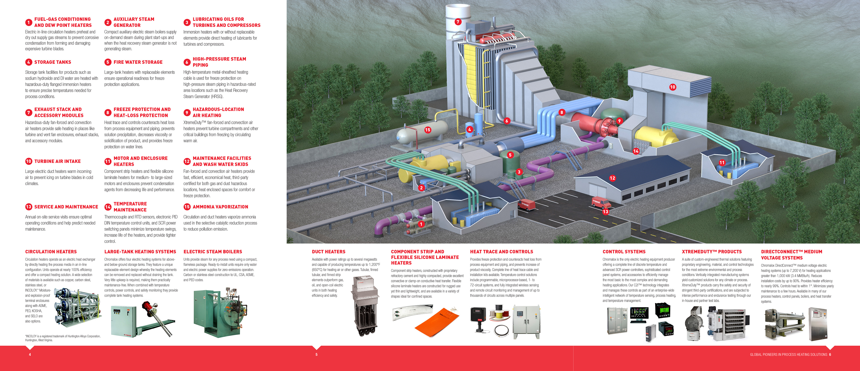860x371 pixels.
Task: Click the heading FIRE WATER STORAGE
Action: [x=138, y=62]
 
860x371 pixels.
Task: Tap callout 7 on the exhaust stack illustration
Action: [x=458, y=22]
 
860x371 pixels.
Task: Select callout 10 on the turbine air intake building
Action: [x=672, y=87]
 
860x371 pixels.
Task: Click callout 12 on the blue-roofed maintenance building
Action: [x=612, y=178]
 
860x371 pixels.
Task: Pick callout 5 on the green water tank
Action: [x=510, y=155]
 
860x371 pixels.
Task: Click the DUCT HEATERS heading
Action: [x=329, y=252]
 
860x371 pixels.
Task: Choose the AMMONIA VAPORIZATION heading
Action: [x=220, y=207]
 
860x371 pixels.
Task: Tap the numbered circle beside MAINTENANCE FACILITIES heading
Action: [x=187, y=162]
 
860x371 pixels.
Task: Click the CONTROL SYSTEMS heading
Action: [x=624, y=252]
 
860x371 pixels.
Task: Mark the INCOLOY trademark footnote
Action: [x=62, y=338]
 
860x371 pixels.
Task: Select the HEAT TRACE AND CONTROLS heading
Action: [x=501, y=252]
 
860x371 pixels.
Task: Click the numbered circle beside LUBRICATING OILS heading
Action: [x=187, y=22]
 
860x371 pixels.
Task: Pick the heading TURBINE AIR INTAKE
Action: [x=57, y=161]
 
